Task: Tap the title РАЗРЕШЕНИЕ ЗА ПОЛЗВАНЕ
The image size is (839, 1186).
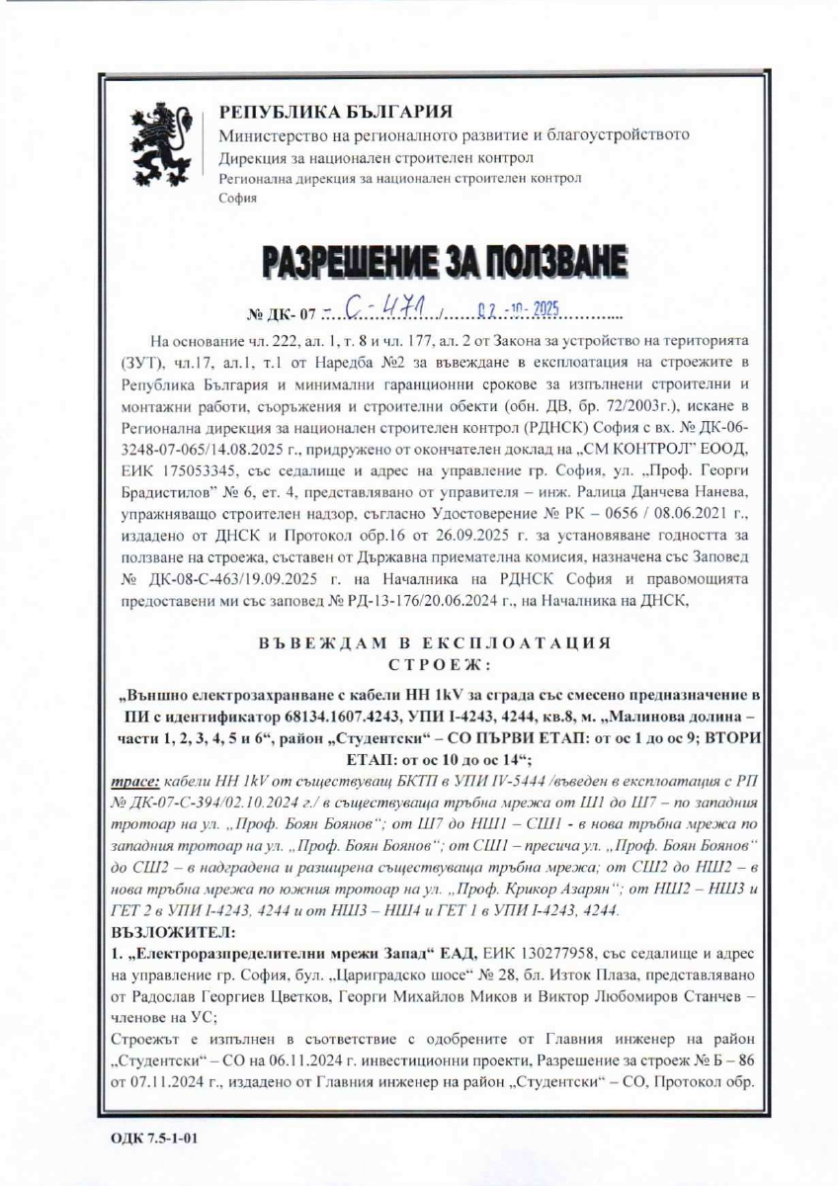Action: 444,261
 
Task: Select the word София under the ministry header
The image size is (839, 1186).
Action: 237,198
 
